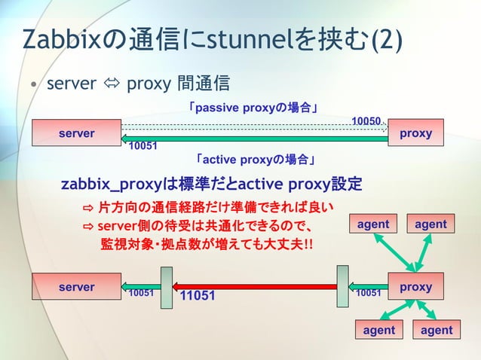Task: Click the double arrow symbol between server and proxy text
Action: tap(111, 82)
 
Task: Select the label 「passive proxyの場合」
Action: tap(256, 108)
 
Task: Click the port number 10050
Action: tap(366, 121)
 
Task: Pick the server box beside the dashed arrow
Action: tap(76, 133)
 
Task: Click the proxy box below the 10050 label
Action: tap(415, 133)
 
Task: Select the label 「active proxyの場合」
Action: tap(256, 160)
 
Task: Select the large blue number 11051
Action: tap(198, 296)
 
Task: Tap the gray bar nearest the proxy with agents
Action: tap(343, 287)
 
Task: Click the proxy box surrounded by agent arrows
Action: tap(415, 287)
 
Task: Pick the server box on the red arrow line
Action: tap(76, 287)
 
